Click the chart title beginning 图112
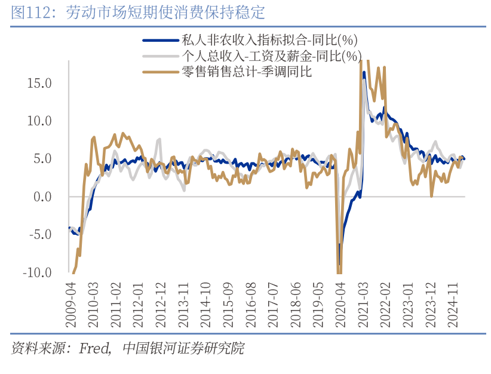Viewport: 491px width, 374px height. [137, 13]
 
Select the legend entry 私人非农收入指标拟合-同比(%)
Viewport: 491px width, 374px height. [269, 41]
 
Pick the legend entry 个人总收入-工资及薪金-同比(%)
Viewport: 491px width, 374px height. [271, 56]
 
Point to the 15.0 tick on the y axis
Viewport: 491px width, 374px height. [40, 82]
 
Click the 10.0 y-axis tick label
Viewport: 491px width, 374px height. [40, 121]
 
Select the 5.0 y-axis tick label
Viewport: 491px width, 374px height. [44, 158]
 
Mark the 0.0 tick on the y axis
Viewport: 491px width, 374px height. [44, 197]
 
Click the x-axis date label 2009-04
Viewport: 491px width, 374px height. [71, 305]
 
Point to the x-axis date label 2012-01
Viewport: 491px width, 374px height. [139, 305]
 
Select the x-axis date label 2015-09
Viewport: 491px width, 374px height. [228, 305]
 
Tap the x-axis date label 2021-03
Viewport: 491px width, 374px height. [363, 305]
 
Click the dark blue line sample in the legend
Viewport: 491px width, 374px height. [160, 41]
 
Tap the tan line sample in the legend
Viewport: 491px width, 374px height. [160, 72]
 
